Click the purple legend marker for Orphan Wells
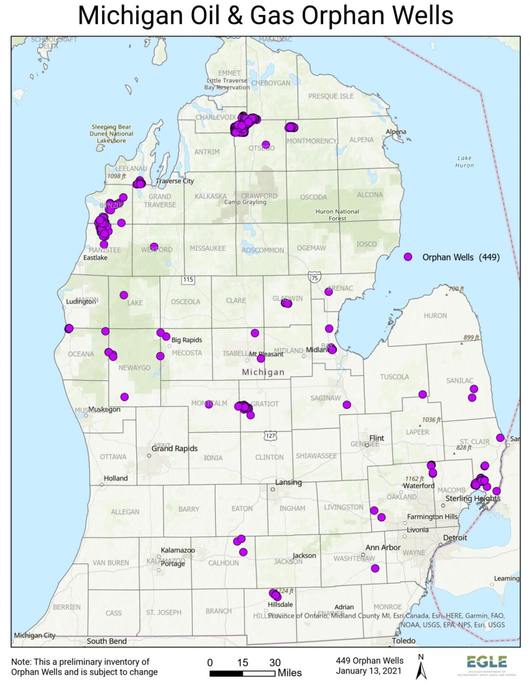(x=408, y=257)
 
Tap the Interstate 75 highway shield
(x=314, y=278)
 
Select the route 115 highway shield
(x=188, y=279)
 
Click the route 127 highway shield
(x=270, y=435)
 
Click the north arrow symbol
(x=421, y=667)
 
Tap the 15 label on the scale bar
(x=242, y=662)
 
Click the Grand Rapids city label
(x=174, y=448)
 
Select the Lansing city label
(x=288, y=482)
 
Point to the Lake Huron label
(x=464, y=162)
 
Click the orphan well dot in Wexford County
(x=154, y=247)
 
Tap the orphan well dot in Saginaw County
(x=346, y=405)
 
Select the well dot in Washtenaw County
(x=375, y=568)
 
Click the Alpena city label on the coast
(x=396, y=131)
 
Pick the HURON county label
(x=435, y=315)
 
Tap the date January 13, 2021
(x=368, y=671)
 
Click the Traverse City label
(x=175, y=181)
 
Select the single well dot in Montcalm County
(x=209, y=404)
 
